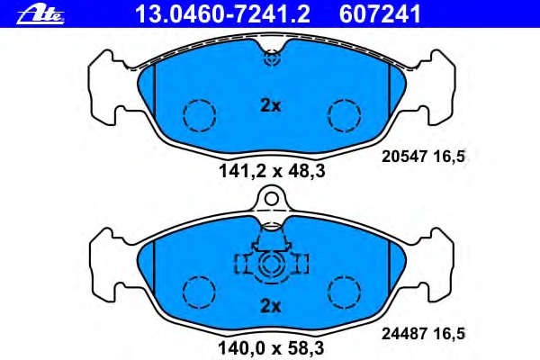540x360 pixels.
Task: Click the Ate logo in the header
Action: pyautogui.click(x=40, y=15)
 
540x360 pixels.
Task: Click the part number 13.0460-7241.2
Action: pyautogui.click(x=222, y=14)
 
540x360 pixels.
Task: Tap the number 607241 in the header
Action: pyautogui.click(x=380, y=14)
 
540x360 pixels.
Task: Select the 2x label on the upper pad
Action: pyautogui.click(x=271, y=106)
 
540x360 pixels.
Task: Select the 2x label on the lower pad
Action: pyautogui.click(x=271, y=306)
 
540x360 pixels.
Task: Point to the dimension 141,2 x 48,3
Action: pyautogui.click(x=272, y=171)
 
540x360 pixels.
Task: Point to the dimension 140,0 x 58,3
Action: pyautogui.click(x=271, y=348)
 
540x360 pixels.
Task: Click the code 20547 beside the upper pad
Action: pyautogui.click(x=404, y=157)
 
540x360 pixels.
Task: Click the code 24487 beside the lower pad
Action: pyautogui.click(x=404, y=334)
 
